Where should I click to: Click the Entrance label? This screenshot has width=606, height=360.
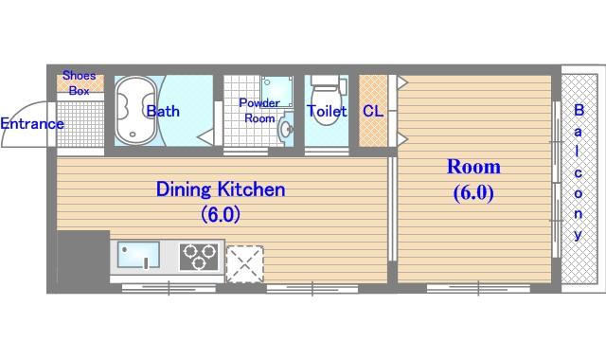point(32,124)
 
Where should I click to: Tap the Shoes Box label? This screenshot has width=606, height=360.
point(80,82)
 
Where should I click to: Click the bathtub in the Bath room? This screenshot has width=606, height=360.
point(135,111)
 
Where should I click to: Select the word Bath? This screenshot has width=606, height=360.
point(163,112)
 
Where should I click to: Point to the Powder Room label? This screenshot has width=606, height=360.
point(258,110)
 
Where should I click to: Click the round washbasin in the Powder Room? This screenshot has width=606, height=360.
point(286,129)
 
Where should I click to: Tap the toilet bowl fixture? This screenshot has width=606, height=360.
point(326,99)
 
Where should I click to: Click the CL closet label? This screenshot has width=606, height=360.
point(373,112)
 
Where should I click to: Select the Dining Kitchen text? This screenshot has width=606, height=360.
point(221,189)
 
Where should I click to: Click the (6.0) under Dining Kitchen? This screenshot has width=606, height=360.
point(221,214)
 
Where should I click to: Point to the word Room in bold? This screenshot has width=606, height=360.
point(473,167)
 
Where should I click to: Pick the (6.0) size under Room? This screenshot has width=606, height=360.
point(473,193)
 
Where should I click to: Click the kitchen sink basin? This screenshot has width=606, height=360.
point(138,255)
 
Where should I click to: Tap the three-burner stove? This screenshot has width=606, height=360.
point(199,257)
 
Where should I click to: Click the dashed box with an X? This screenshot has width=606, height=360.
point(244,263)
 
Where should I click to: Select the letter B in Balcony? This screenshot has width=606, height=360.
point(579,110)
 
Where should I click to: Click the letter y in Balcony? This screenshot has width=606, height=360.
point(578,235)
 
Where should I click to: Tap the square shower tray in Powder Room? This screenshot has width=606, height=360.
point(276,91)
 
